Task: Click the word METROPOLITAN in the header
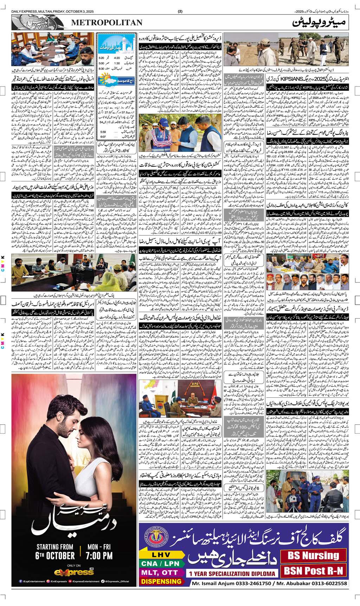tap(107, 23)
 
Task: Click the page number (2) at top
tap(180, 11)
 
